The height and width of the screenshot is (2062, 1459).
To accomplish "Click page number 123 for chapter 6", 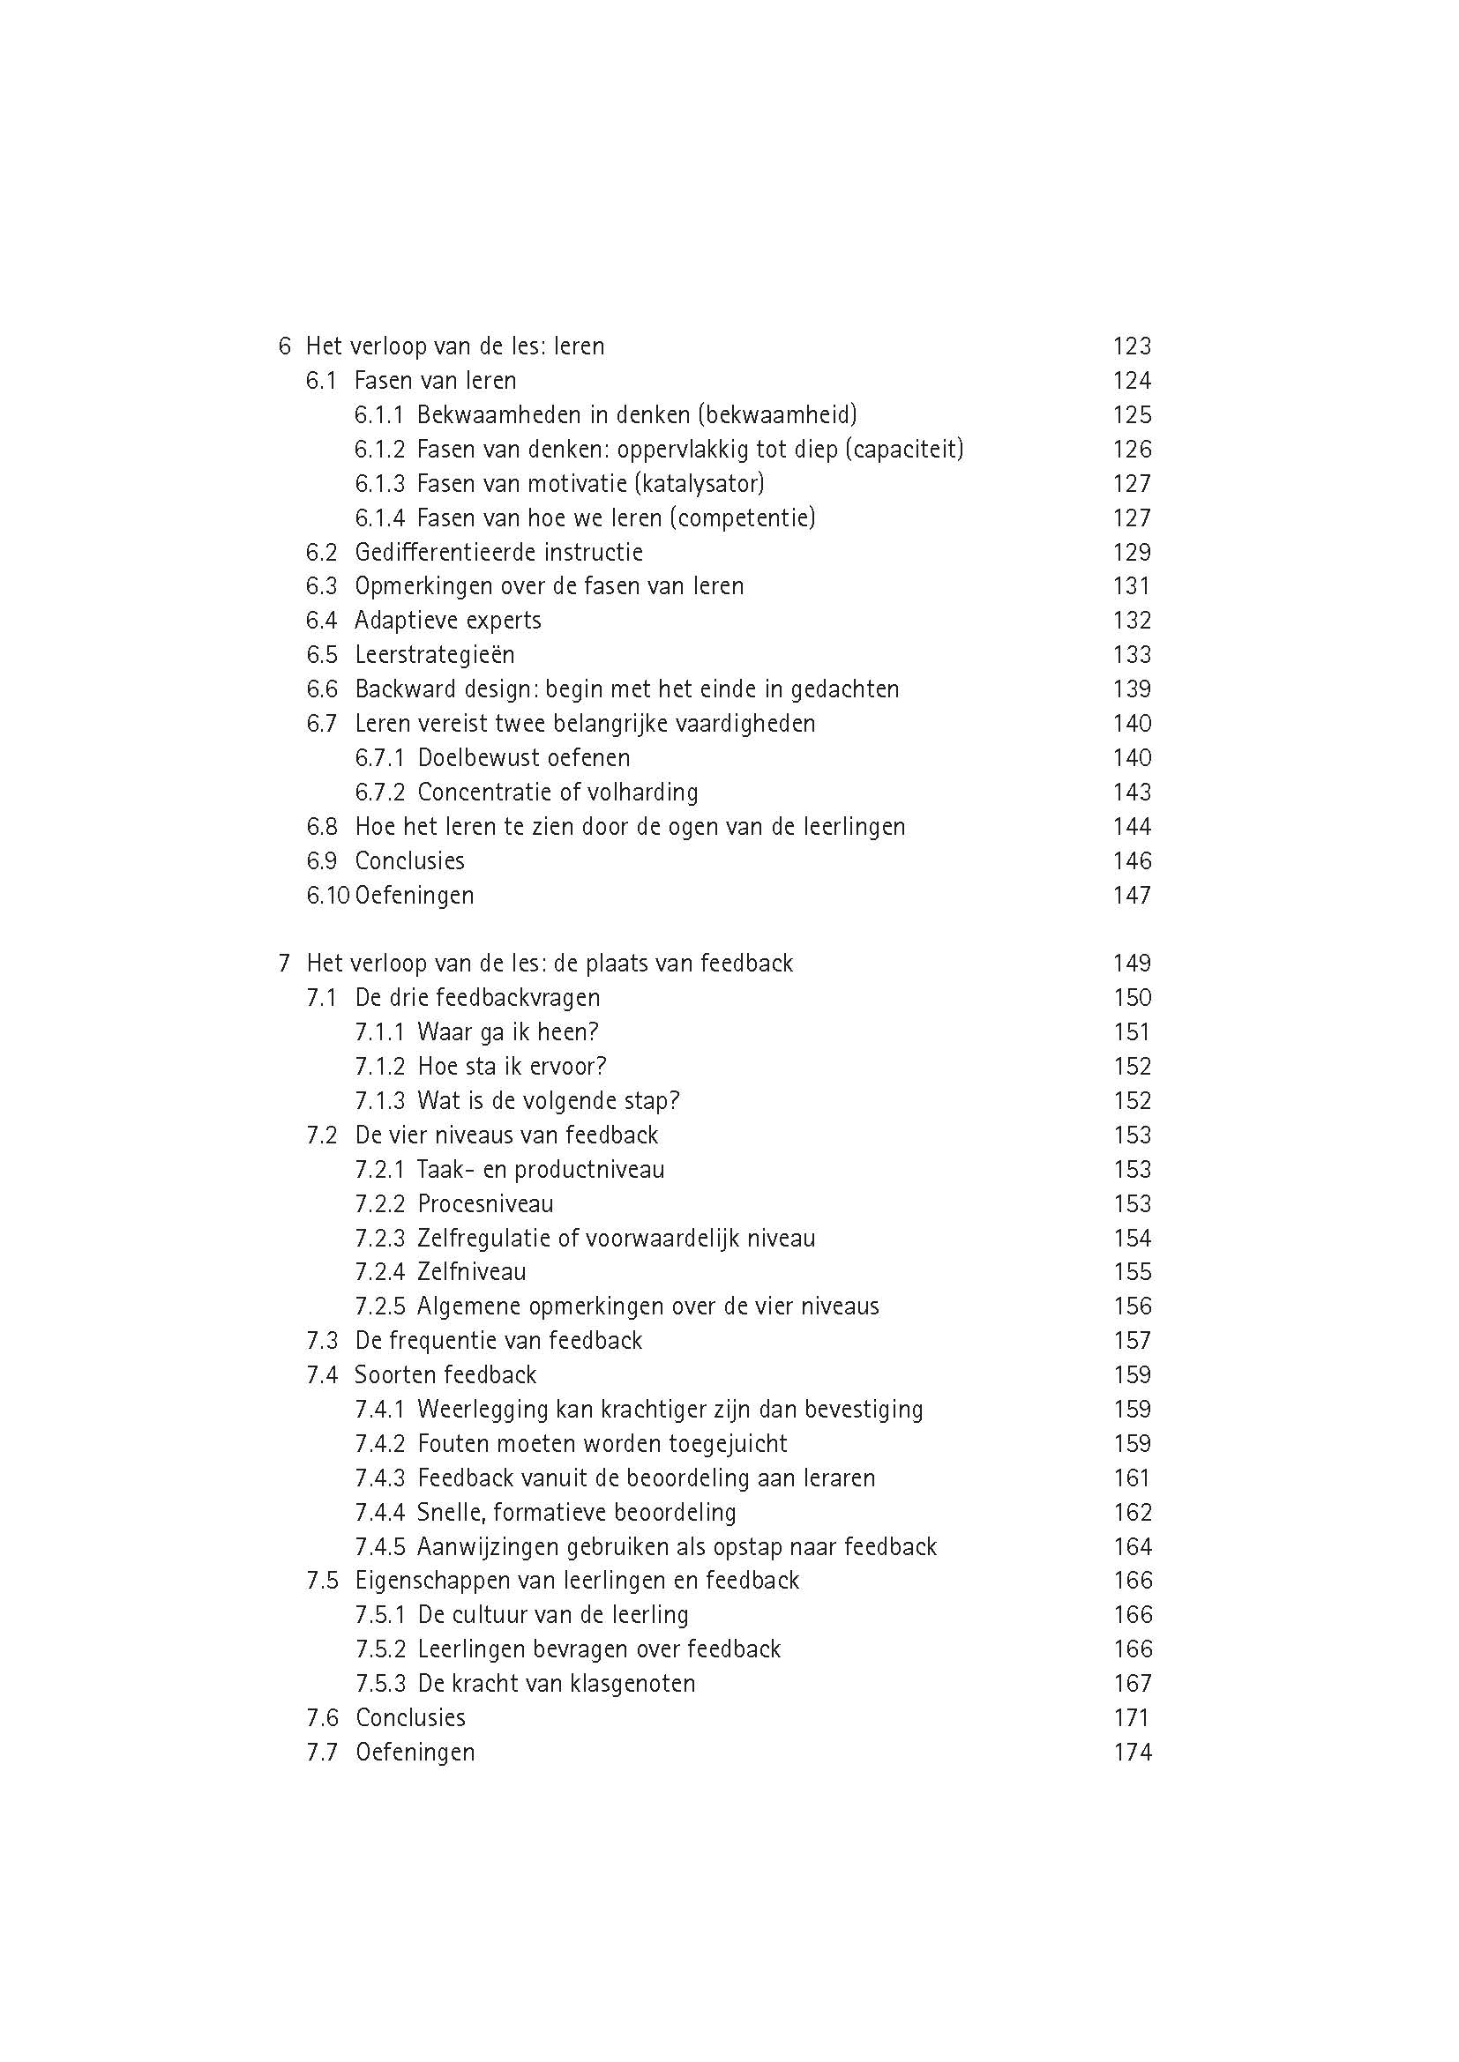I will pos(1131,346).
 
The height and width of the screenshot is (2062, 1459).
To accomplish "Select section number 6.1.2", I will pos(379,449).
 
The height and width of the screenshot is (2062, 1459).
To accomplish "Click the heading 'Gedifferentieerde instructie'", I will pos(498,553).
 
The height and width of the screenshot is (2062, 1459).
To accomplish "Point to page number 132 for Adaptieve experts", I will pos(1131,621).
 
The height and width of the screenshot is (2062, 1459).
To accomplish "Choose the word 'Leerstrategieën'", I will pos(435,655).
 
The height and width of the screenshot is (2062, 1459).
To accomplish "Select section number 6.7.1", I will pos(379,758).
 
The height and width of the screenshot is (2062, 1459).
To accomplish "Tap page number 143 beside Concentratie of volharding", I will pos(1131,793).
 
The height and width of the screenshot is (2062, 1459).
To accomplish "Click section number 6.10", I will pos(327,896).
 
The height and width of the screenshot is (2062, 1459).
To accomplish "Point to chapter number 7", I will pos(285,964).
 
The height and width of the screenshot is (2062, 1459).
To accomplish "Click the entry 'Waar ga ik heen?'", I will pos(507,1033).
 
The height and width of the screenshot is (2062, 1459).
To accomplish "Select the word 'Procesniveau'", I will pos(485,1204).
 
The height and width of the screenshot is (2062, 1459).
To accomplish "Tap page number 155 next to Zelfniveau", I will pos(1131,1273).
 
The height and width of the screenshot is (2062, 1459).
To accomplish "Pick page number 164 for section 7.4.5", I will pos(1131,1547).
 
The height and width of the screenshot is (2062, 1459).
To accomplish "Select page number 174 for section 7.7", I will pos(1131,1753).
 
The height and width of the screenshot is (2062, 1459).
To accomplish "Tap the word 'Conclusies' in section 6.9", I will pos(409,861).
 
